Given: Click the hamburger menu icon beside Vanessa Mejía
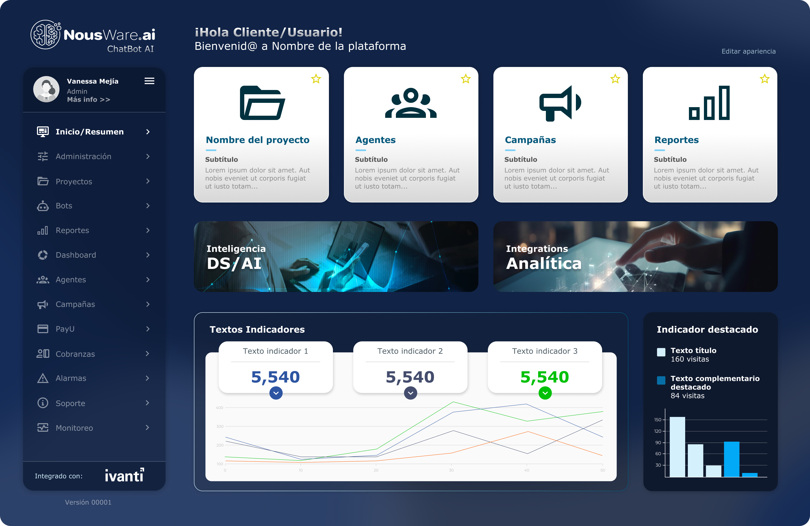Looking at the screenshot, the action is tap(149, 81).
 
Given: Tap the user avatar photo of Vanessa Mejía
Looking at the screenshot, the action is tap(46, 89).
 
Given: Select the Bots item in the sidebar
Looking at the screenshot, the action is tap(64, 206).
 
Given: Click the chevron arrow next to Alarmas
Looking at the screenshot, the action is tap(147, 378).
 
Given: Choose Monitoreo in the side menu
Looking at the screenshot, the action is tap(74, 428).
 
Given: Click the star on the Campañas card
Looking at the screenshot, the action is tap(615, 79).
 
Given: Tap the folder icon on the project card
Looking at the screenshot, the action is tap(262, 103).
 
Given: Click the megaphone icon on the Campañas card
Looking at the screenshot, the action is tap(560, 103).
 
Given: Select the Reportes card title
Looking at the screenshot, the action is tap(676, 140).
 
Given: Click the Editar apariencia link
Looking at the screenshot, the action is tap(748, 51).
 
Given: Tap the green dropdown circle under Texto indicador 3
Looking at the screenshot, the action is tap(545, 393).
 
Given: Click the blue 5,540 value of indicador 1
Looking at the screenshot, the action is tap(275, 377).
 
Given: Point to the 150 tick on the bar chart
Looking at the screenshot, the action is tap(658, 420).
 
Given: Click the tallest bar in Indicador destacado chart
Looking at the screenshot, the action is tap(677, 447).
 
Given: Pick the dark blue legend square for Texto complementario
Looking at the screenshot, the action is tap(661, 380).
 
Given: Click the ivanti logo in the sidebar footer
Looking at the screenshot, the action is tap(124, 475).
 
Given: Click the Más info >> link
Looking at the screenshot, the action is tap(88, 100).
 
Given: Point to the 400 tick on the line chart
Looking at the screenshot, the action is tap(220, 408).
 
